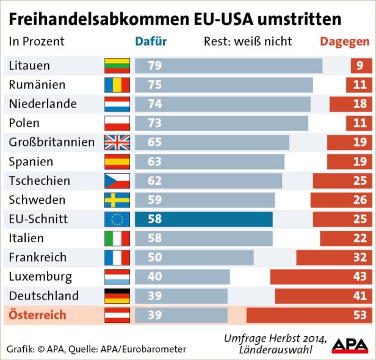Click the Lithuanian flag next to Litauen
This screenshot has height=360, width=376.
tap(117, 65)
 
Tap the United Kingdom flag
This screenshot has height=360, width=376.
tap(117, 143)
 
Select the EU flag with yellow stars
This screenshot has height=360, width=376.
tap(117, 220)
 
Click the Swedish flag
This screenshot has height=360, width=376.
tap(117, 200)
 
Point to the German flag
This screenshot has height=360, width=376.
tap(117, 297)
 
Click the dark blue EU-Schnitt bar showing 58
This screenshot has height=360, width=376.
tap(204, 220)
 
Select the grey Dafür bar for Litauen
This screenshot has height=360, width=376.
tap(228, 65)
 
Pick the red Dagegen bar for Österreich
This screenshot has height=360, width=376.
tap(311, 315)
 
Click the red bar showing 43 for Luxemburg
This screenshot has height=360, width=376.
tap(322, 277)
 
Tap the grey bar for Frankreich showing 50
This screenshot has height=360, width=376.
tap(194, 257)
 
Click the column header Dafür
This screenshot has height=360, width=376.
tap(150, 42)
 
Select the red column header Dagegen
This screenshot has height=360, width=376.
tap(345, 42)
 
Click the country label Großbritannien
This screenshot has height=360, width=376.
tap(52, 143)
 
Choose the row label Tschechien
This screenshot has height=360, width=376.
tap(39, 181)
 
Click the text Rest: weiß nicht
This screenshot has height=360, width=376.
tap(247, 42)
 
